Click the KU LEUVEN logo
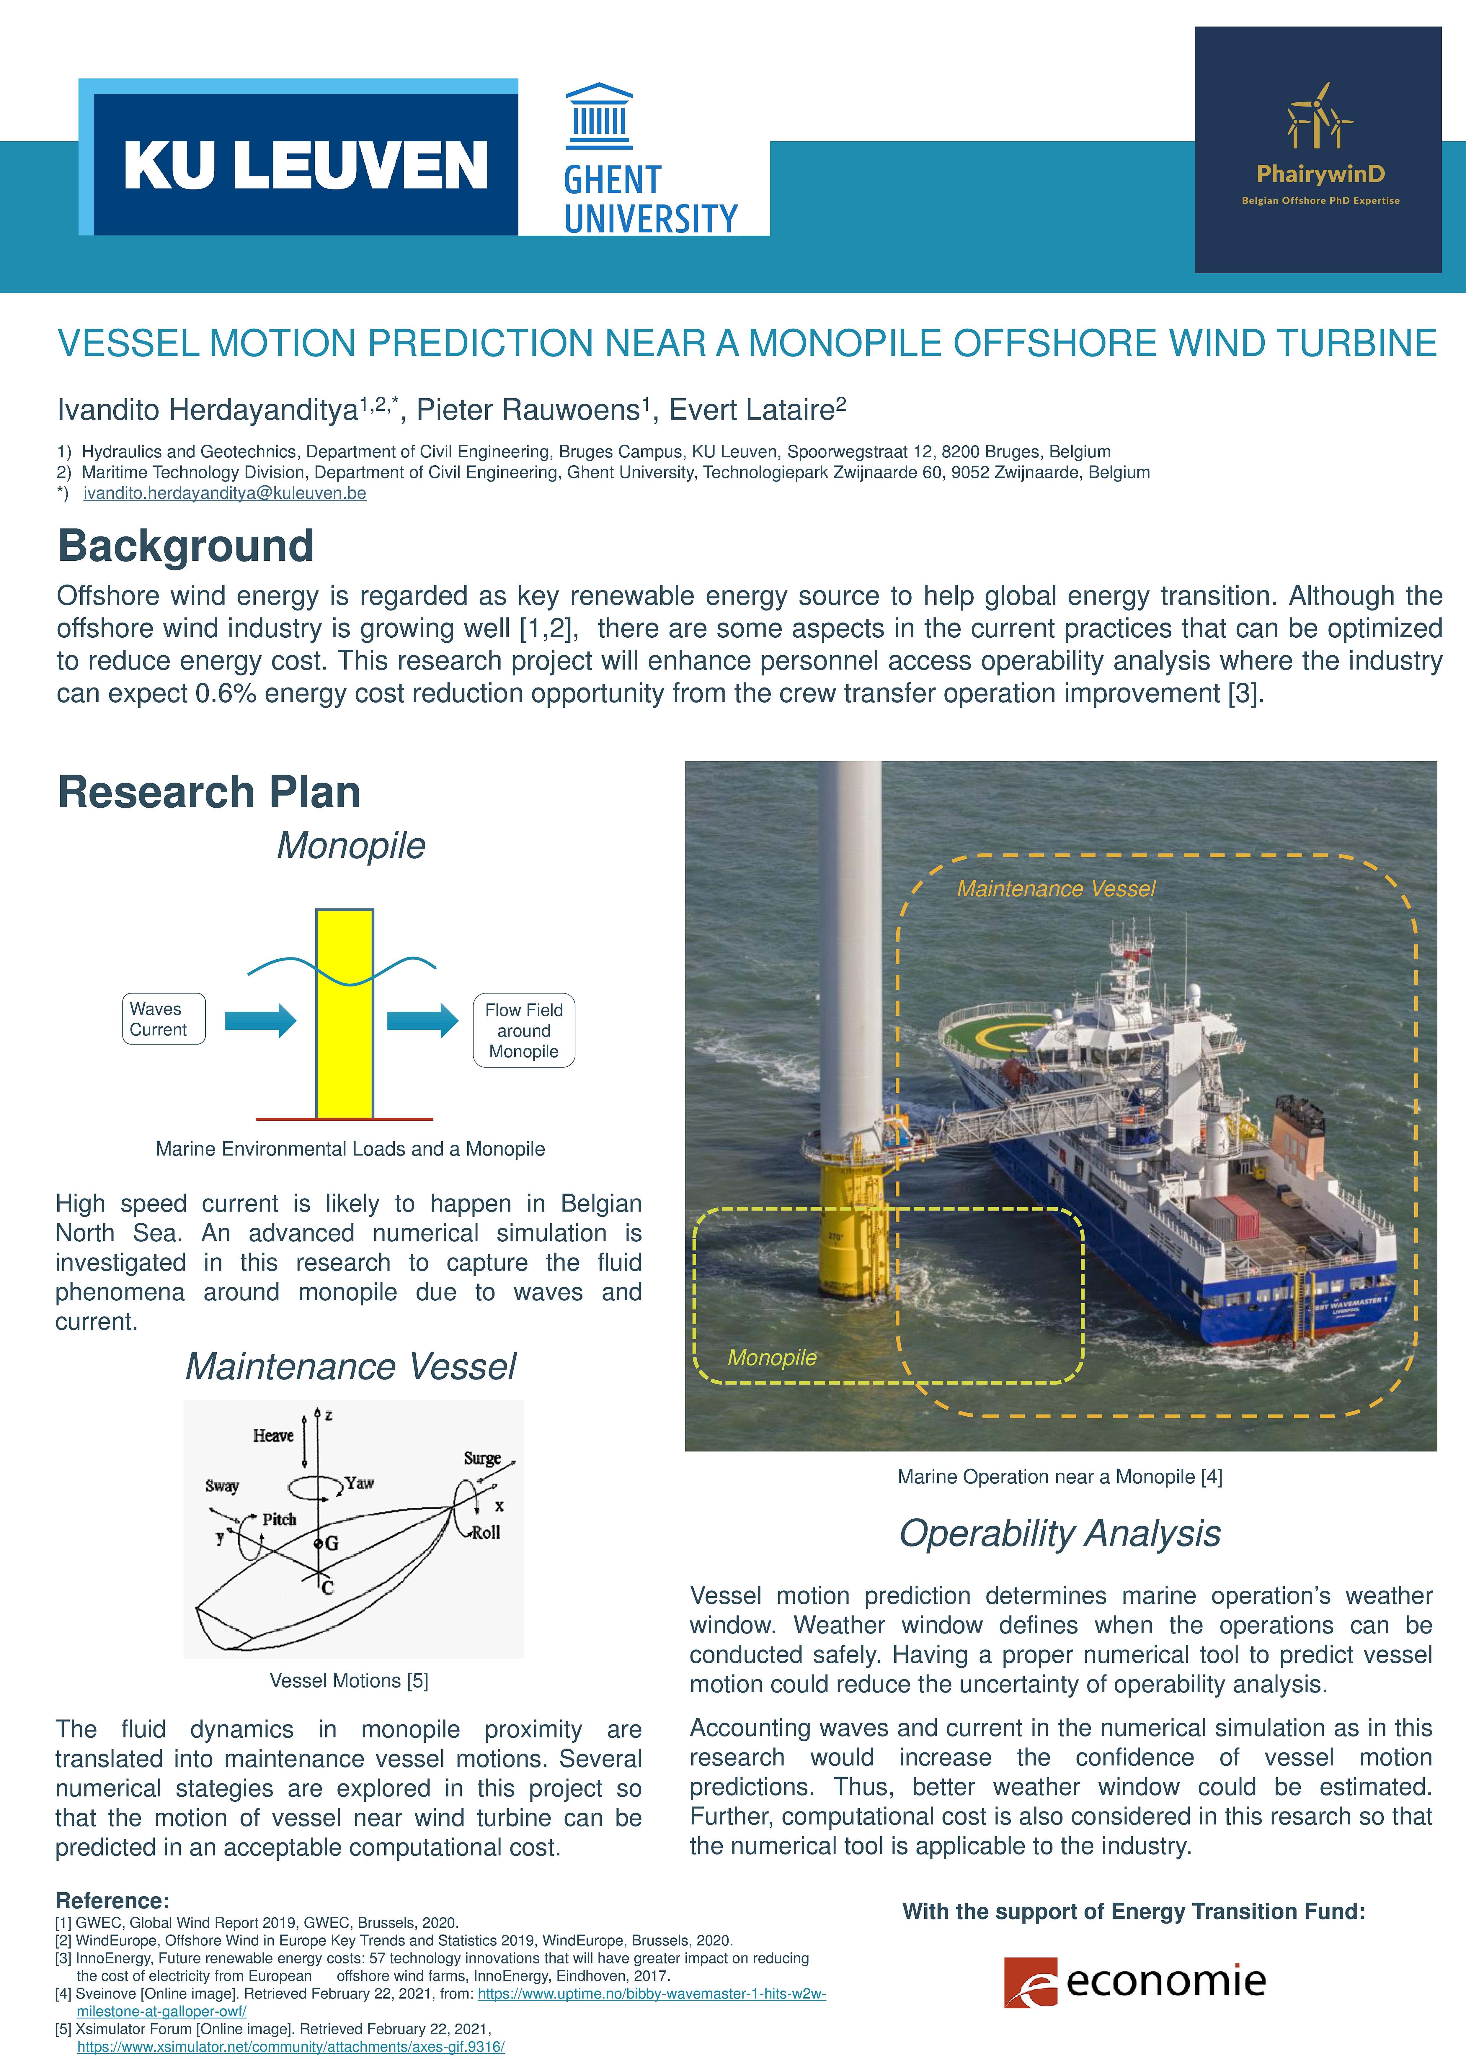(305, 164)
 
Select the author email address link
(225, 493)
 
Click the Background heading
(186, 546)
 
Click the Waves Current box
(163, 1019)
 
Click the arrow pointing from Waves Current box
(260, 1021)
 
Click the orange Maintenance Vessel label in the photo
(1055, 889)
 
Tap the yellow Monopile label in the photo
(772, 1357)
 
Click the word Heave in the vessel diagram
(272, 1435)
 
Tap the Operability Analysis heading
(1060, 1533)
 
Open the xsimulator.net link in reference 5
(291, 2047)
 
